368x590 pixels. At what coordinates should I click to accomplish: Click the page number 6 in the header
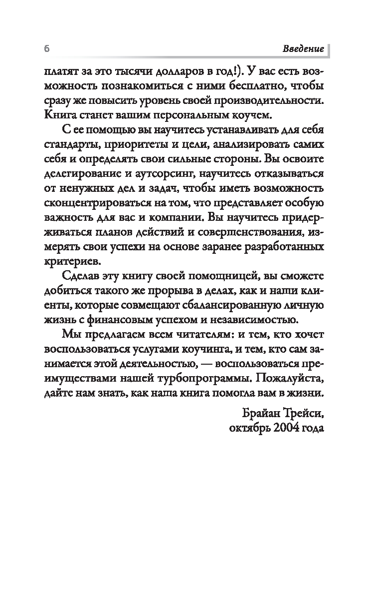[x=46, y=49]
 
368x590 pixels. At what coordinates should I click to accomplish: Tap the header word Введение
[x=304, y=49]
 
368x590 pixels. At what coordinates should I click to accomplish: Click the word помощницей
[x=215, y=277]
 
